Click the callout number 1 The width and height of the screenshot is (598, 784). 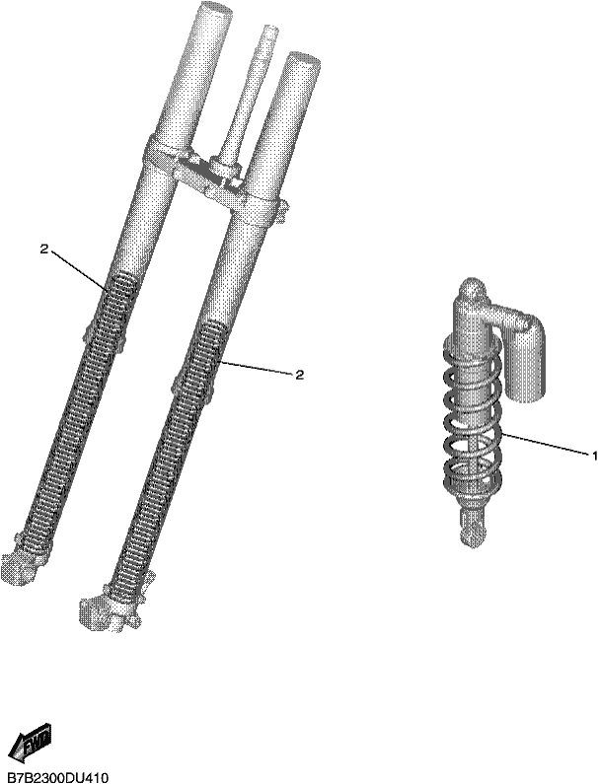coord(594,455)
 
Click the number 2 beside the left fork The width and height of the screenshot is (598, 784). coord(44,249)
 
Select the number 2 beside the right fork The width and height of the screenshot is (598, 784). coord(299,375)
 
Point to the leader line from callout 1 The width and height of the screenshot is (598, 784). coord(545,444)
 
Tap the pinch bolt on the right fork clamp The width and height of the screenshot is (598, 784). coord(284,209)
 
